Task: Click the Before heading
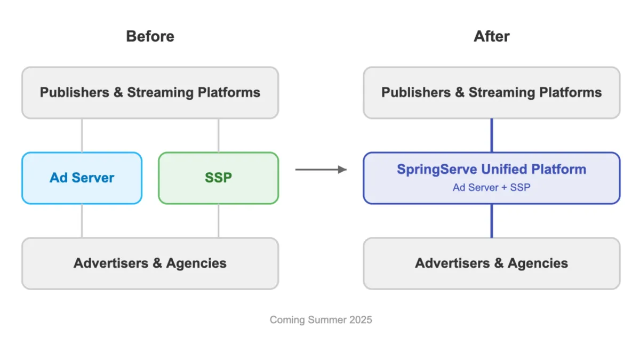150,36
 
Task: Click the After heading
491,36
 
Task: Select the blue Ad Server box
82,178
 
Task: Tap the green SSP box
218,178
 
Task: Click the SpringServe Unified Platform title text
491,170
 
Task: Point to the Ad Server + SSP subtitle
491,188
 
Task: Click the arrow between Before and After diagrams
321,170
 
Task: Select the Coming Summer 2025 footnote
321,320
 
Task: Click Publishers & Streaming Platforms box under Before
150,92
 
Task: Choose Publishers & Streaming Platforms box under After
491,92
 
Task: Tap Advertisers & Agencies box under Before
150,263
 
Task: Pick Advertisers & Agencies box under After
491,263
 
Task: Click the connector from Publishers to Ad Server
82,135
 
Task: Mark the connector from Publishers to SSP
218,135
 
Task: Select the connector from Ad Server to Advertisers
82,221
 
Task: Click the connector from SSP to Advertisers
218,221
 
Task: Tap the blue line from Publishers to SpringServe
491,135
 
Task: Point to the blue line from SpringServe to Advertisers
491,221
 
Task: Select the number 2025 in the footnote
360,320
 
